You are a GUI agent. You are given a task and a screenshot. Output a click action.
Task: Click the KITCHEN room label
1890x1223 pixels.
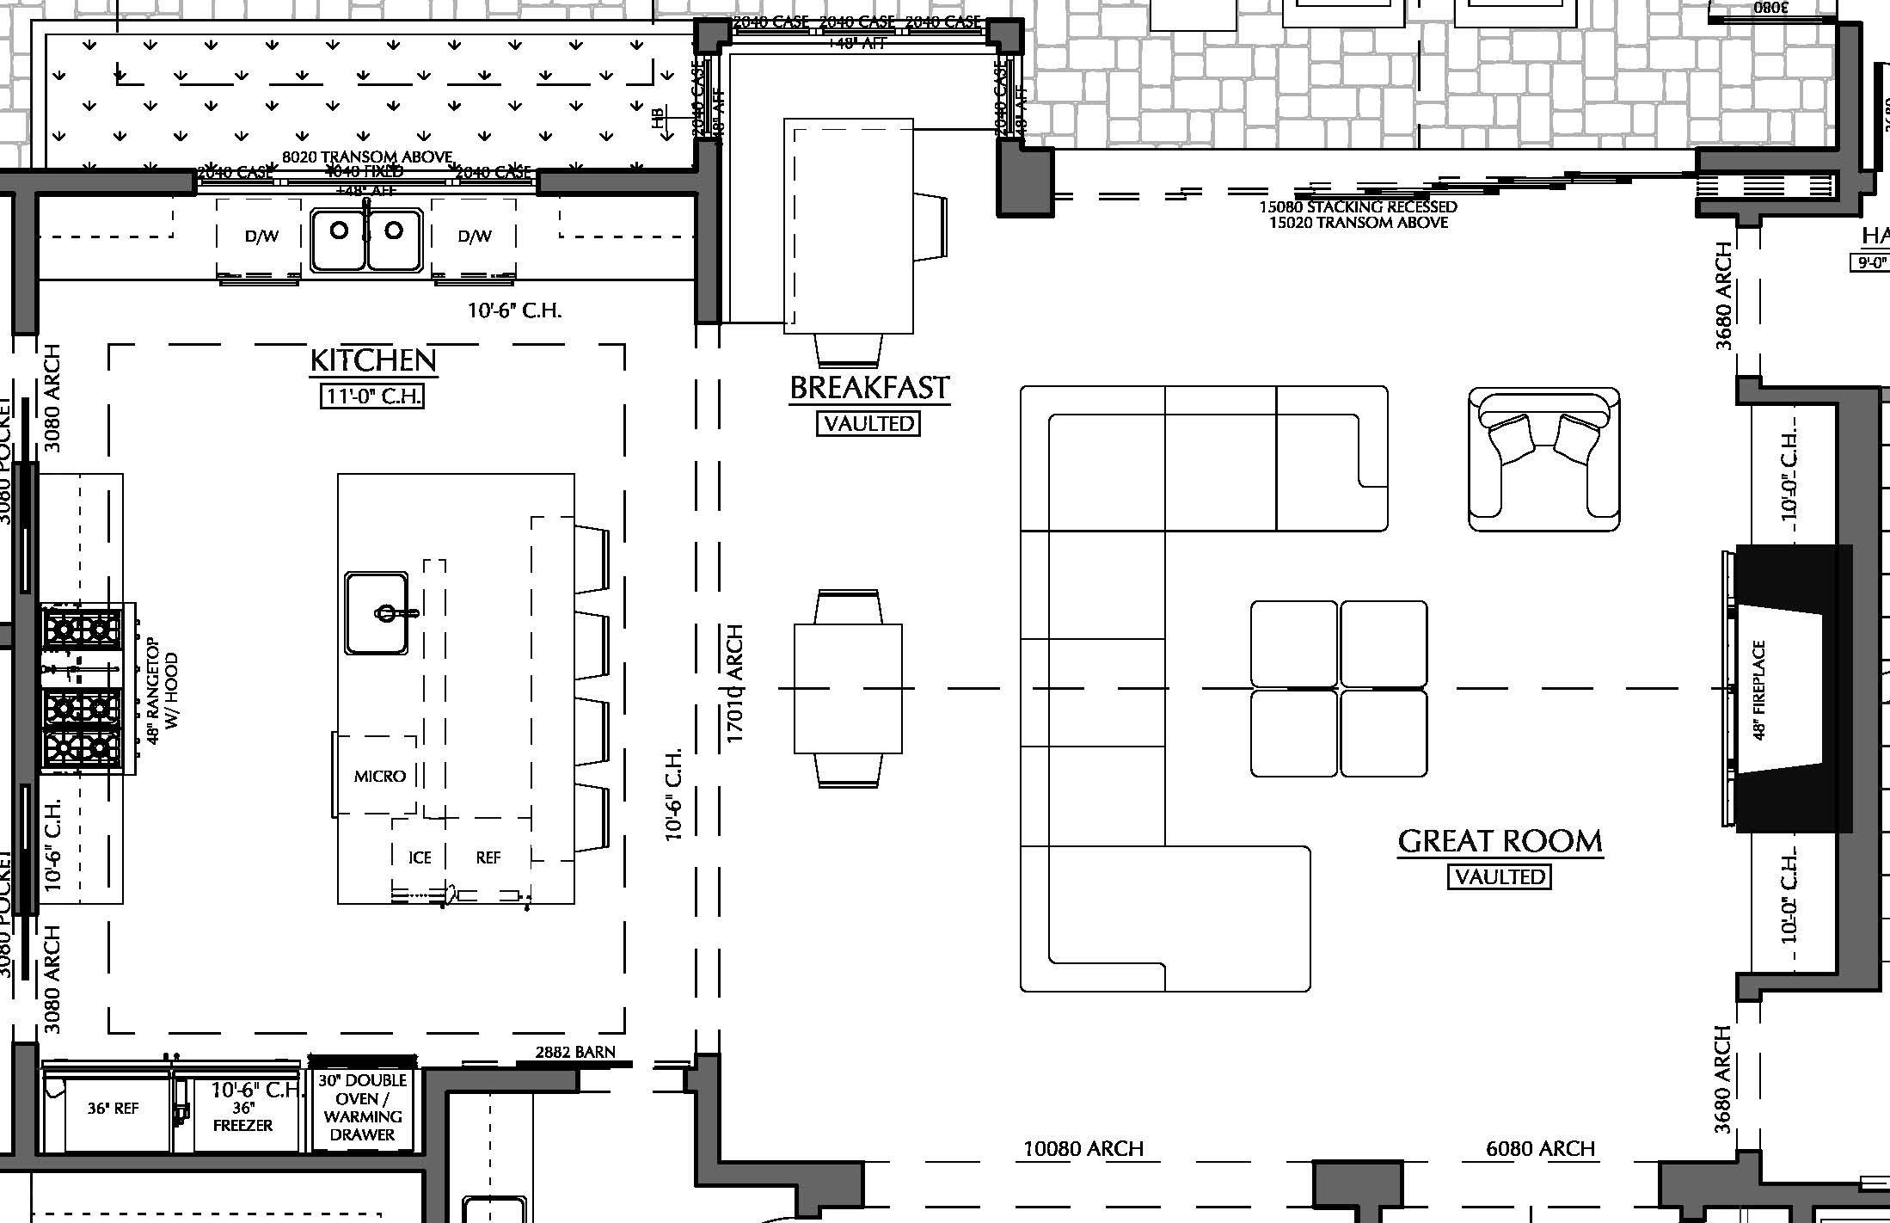373,360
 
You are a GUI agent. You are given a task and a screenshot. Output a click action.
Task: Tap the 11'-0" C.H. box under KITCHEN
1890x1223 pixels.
372,396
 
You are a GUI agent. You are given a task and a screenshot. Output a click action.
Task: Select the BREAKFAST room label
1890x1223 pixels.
869,388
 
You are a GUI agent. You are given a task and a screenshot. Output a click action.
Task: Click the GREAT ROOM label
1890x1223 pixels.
1500,841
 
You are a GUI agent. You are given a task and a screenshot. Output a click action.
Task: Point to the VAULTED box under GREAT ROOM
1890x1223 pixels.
1500,876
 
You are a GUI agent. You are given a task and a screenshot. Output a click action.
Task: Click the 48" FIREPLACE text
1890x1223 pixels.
1758,690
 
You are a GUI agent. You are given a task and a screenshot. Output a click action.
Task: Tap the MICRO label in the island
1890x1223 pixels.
379,776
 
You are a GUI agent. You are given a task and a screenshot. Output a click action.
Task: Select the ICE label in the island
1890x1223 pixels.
420,857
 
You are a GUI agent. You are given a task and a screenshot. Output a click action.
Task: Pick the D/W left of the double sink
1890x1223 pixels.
261,237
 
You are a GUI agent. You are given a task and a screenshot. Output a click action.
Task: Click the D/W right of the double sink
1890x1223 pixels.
475,237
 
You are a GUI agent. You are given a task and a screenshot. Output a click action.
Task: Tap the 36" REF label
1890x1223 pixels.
113,1109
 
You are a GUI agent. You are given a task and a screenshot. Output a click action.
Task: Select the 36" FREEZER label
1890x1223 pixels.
242,1116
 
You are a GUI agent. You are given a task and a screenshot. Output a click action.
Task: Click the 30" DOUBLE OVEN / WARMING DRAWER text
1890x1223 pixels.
362,1108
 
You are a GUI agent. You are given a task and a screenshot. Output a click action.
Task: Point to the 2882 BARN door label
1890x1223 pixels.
575,1052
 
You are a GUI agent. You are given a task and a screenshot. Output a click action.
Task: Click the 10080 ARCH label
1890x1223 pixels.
1083,1149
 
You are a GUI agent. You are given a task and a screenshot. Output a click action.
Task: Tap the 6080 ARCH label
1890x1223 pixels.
1540,1149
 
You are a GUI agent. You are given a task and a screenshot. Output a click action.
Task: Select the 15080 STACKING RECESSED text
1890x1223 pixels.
1358,207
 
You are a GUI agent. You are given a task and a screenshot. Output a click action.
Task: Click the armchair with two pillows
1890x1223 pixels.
1543,458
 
